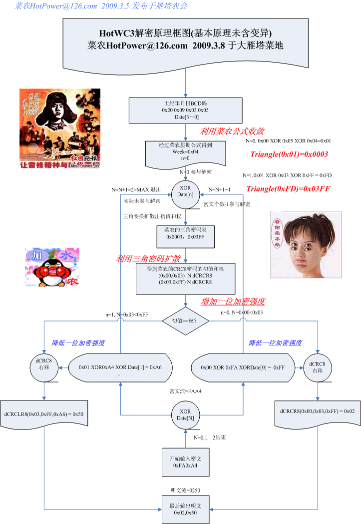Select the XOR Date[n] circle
pos(186,194)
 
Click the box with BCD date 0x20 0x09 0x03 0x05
pos(186,110)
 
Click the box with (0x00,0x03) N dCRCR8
pos(185,279)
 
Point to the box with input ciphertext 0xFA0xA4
pos(185,462)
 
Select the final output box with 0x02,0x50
pos(186,509)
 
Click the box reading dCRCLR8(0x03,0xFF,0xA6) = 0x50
pos(44,414)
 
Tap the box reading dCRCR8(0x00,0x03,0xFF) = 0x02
pos(318,410)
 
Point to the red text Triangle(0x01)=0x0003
pos(289,154)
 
